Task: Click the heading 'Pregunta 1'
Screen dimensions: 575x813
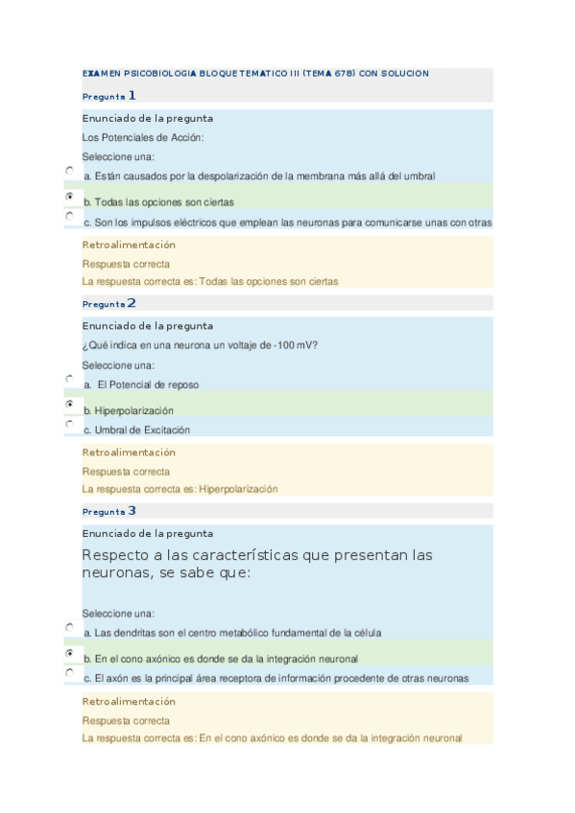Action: click(x=109, y=96)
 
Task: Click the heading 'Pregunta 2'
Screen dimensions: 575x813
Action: click(x=109, y=303)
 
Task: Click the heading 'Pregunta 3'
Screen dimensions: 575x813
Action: click(x=109, y=511)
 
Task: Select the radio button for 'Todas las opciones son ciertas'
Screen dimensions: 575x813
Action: click(x=70, y=196)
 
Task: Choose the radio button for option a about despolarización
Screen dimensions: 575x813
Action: click(x=70, y=170)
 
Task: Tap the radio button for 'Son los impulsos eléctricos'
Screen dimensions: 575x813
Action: click(x=70, y=217)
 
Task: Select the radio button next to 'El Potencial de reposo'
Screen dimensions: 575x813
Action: click(x=70, y=379)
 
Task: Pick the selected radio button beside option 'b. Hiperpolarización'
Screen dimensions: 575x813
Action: click(x=70, y=405)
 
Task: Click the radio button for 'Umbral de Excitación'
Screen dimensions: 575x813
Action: click(x=70, y=424)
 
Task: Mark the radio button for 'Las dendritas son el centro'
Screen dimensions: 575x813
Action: click(x=70, y=627)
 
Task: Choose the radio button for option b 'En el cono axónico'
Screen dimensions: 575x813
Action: click(x=70, y=653)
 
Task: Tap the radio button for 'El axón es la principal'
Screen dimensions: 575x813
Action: click(x=70, y=673)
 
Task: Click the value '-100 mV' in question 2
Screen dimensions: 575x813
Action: click(x=297, y=346)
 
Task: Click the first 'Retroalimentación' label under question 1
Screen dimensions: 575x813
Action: click(x=129, y=244)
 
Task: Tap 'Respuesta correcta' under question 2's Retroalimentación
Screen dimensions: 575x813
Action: click(x=126, y=472)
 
